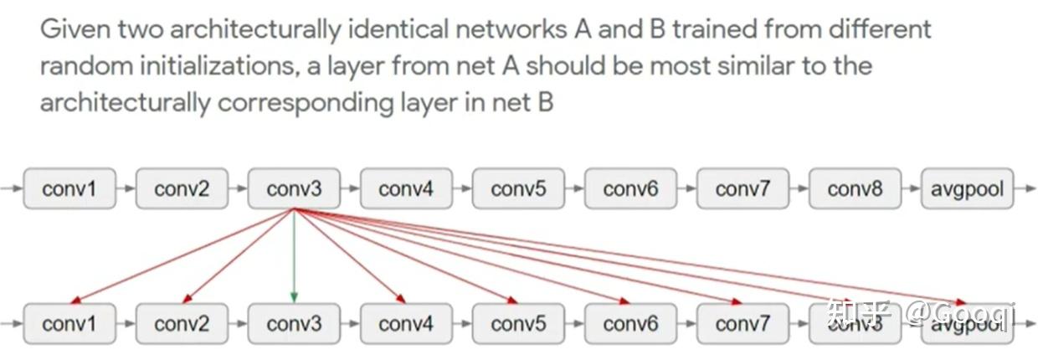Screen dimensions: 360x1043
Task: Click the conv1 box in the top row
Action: click(x=69, y=188)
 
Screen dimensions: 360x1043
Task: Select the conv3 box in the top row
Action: click(x=294, y=188)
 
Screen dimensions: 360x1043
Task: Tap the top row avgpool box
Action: click(x=967, y=188)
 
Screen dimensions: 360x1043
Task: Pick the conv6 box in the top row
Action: click(x=630, y=188)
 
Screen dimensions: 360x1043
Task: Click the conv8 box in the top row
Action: click(x=855, y=188)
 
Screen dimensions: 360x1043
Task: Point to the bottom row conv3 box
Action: click(x=294, y=323)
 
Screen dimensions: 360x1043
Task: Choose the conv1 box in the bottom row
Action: click(x=69, y=323)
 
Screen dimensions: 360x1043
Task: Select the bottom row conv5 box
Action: click(x=518, y=323)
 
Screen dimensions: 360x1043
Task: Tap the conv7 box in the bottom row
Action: click(x=742, y=323)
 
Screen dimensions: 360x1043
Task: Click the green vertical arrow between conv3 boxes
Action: click(x=294, y=255)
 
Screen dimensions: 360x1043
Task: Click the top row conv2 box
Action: click(x=182, y=188)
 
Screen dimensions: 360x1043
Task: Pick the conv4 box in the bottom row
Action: click(x=406, y=323)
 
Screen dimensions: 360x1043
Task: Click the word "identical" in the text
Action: click(x=394, y=29)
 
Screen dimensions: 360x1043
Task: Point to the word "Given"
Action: click(x=71, y=29)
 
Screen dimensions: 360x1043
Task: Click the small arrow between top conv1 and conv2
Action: click(x=126, y=188)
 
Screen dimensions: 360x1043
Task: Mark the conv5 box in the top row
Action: click(x=518, y=188)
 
